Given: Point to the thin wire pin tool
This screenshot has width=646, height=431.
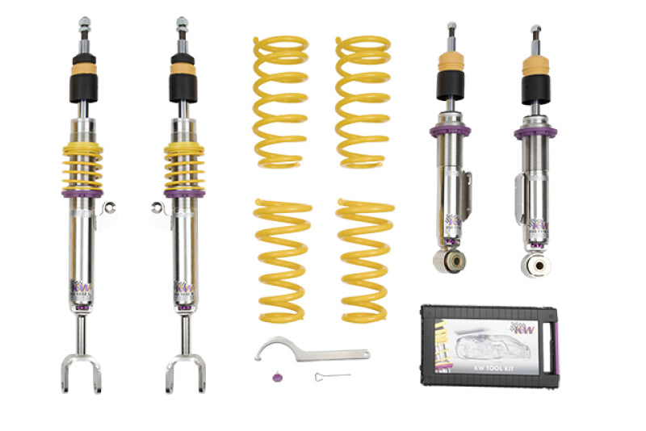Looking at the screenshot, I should tap(332, 376).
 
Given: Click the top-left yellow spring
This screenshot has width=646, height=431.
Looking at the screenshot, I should tap(280, 101).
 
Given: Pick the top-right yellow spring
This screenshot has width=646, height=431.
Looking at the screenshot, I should tap(363, 101).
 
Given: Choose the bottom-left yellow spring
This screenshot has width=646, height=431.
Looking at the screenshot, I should tap(282, 258).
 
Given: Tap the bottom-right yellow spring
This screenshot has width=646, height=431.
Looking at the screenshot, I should tap(365, 258).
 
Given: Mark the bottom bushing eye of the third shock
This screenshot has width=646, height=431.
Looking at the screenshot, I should tap(449, 260).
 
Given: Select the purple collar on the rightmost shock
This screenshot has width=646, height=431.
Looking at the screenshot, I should tap(535, 129).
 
